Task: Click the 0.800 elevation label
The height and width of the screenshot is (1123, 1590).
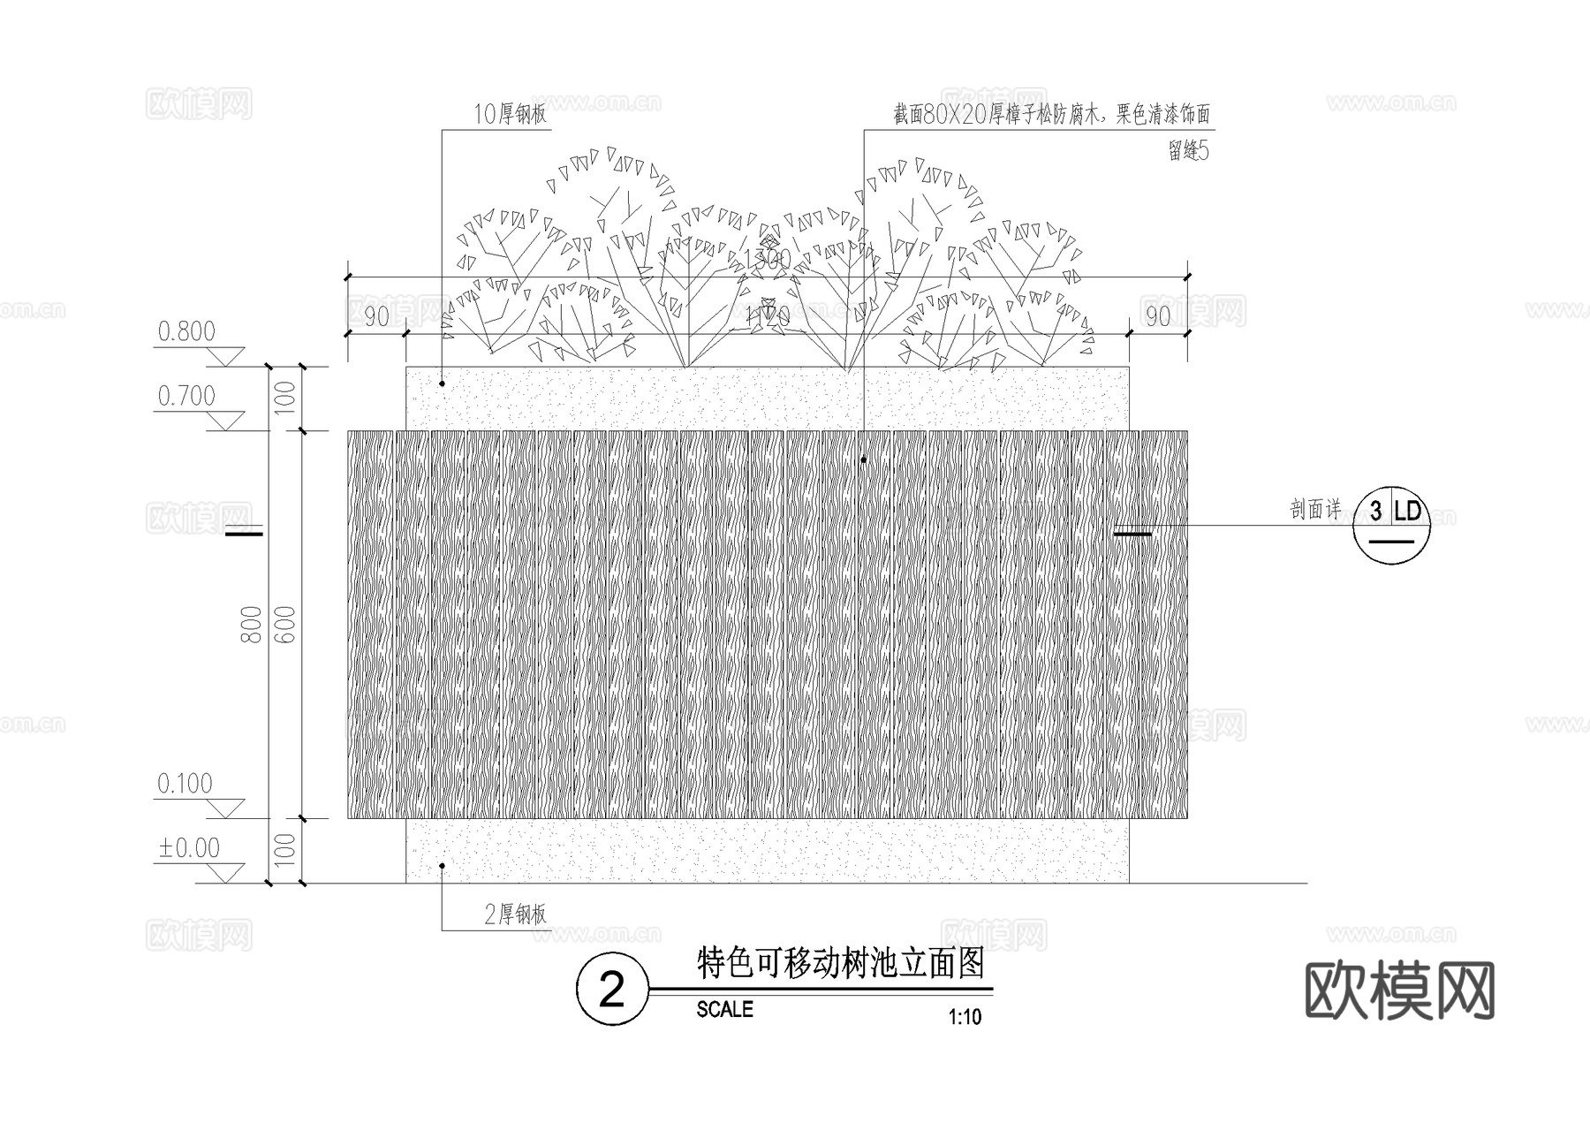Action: [185, 331]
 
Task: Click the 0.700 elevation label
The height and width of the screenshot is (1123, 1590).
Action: [185, 396]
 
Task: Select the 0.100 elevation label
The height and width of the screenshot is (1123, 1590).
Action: [185, 784]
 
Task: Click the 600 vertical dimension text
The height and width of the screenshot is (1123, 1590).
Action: [286, 624]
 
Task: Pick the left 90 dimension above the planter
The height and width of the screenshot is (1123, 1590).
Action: [376, 316]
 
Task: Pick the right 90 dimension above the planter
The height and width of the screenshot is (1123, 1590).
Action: [1157, 316]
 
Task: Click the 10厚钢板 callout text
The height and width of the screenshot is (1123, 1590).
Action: [511, 114]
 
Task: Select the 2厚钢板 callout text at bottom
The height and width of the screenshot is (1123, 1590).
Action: [516, 914]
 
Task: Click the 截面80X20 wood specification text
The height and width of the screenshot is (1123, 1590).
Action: [1050, 114]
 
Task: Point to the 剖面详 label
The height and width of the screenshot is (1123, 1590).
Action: [1315, 510]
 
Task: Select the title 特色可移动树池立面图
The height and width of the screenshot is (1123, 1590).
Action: [840, 963]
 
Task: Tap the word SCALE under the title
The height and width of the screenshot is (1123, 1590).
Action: [724, 1009]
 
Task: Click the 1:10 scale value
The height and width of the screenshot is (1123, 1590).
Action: [965, 1017]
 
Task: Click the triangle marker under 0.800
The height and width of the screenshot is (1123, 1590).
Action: [226, 357]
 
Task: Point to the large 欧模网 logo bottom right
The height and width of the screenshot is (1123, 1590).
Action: [1399, 990]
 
